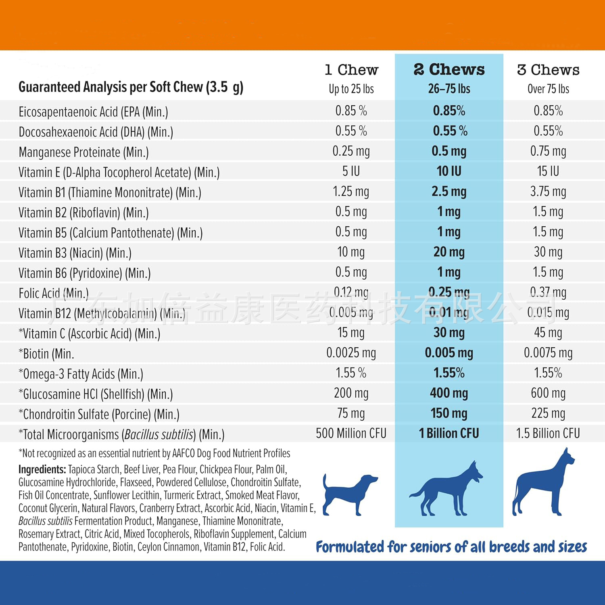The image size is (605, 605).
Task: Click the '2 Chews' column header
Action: [x=449, y=70]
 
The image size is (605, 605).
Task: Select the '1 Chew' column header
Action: [x=351, y=70]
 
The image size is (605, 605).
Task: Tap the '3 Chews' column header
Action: [x=548, y=70]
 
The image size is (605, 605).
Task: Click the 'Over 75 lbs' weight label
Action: [x=548, y=89]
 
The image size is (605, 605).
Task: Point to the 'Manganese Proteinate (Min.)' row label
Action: [x=83, y=152]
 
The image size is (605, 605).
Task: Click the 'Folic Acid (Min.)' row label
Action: [x=54, y=293]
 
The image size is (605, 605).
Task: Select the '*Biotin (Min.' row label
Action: [x=46, y=354]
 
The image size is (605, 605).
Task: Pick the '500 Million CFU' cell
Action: [x=351, y=434]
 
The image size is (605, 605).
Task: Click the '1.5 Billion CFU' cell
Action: [x=548, y=434]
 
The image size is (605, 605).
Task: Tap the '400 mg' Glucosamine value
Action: [x=449, y=393]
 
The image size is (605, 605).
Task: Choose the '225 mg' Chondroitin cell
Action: [x=548, y=413]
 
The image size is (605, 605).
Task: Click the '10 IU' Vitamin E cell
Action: [x=449, y=171]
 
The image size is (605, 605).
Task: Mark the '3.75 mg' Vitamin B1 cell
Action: [x=548, y=192]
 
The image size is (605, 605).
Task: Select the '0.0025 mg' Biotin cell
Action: [x=351, y=353]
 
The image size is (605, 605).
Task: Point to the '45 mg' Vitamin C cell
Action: [x=548, y=333]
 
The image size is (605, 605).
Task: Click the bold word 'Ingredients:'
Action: [x=42, y=469]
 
